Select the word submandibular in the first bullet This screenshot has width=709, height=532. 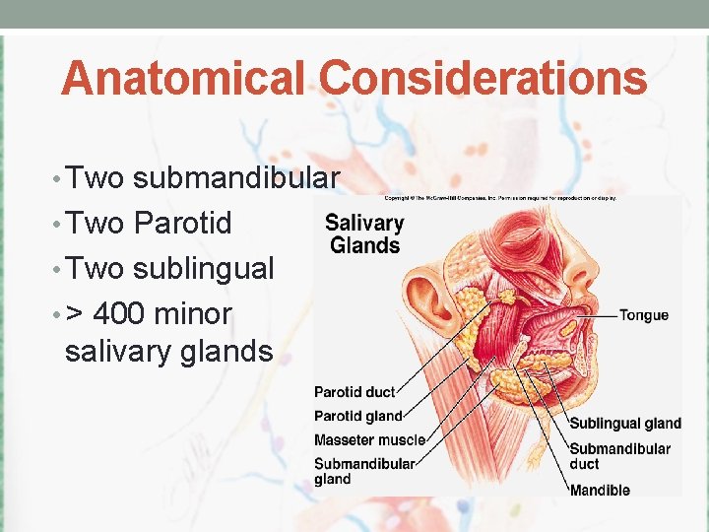pos(236,177)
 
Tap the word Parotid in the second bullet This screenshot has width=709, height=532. pos(182,223)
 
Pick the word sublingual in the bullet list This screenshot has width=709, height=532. pos(204,268)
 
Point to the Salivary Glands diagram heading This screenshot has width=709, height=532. pos(364,234)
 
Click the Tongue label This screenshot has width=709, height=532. pos(643,315)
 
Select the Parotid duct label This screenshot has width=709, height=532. pos(354,392)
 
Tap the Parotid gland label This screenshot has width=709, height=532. pos(358,416)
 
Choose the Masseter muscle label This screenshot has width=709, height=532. pos(369,439)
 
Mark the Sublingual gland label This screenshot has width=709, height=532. pos(625,424)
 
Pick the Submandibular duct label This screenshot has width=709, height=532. pos(619,456)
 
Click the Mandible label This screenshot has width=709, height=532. pos(600,490)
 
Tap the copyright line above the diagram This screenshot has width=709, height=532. pos(501,198)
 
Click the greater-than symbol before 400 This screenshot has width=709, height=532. pos(75,314)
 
